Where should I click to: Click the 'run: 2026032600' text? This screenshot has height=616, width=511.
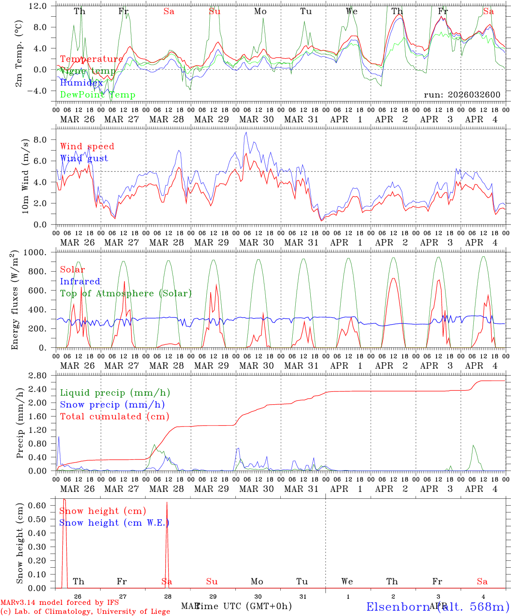tap(462, 95)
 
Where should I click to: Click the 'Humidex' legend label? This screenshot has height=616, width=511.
tap(81, 83)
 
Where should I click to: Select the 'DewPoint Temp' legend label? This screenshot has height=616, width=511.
tap(98, 95)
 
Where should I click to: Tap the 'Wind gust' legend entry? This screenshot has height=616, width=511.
tap(84, 158)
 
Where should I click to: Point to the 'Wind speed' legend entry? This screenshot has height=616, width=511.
tap(87, 146)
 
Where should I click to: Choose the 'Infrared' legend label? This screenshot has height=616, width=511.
tap(80, 281)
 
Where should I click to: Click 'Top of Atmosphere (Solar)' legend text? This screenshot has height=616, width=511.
tap(125, 293)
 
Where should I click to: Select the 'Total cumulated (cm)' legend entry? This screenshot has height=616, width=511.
tap(114, 416)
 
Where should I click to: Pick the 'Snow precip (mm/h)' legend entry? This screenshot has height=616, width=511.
tap(112, 405)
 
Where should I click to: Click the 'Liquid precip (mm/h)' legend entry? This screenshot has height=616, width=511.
tap(115, 393)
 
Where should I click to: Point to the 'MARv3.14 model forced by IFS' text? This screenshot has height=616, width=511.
tap(59, 603)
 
